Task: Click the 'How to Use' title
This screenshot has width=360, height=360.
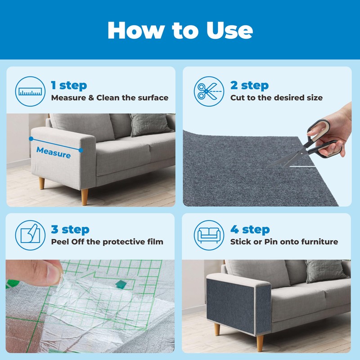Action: click(180, 30)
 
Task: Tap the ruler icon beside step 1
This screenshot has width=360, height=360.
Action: click(30, 91)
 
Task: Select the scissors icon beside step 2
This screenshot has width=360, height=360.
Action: click(209, 91)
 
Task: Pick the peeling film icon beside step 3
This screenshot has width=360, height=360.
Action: click(30, 235)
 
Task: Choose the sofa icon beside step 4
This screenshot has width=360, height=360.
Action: click(209, 235)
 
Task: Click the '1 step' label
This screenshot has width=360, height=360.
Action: click(69, 85)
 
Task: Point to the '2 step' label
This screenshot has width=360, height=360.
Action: click(249, 85)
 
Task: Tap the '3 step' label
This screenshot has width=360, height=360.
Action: click(70, 229)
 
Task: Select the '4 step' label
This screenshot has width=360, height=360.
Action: click(250, 229)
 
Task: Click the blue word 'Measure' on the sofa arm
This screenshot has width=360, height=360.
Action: click(54, 153)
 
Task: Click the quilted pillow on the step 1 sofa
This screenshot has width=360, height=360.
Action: click(150, 125)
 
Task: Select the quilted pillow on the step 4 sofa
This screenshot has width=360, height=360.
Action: click(326, 271)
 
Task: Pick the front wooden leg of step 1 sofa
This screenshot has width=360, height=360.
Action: click(85, 197)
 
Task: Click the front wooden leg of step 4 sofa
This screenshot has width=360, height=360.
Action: click(260, 343)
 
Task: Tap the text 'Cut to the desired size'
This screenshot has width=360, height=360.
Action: click(276, 98)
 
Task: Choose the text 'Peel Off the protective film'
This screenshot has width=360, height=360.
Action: click(107, 242)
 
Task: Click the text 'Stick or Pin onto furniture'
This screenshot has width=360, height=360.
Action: click(284, 242)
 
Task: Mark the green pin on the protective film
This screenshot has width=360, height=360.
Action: click(121, 284)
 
